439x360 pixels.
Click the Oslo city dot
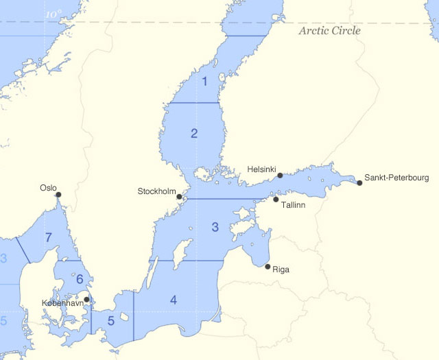(58, 195)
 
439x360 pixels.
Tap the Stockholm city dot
(179, 197)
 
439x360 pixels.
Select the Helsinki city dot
(280, 176)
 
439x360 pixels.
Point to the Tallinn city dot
(276, 200)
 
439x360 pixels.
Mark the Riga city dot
(267, 266)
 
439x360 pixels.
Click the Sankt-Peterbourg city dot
(359, 182)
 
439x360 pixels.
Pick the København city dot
(86, 299)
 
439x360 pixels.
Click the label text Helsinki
(261, 168)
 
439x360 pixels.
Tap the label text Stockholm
(157, 191)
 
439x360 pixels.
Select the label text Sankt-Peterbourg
(396, 177)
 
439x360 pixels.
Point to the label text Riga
(281, 269)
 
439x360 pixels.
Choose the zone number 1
(204, 82)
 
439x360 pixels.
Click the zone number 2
(194, 133)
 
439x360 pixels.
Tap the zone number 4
(174, 300)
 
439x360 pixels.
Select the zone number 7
(48, 238)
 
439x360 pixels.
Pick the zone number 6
(80, 279)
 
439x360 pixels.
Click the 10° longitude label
(53, 14)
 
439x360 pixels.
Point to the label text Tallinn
(293, 205)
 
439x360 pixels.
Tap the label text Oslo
(48, 187)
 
